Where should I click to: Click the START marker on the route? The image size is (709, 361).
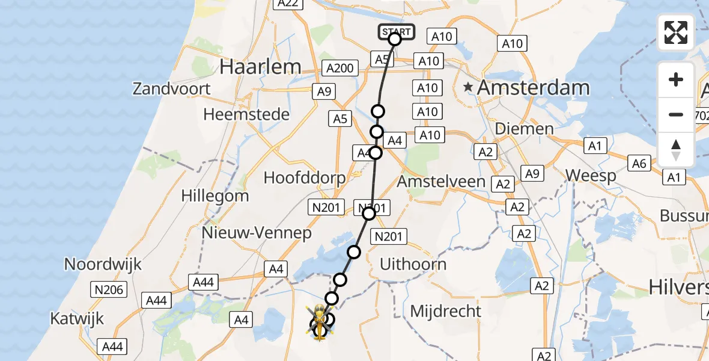click(396, 32)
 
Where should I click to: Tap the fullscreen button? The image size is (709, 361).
click(676, 32)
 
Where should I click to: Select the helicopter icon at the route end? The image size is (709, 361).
click(318, 322)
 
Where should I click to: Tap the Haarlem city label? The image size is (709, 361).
click(260, 67)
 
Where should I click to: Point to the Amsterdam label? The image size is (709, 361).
click(533, 88)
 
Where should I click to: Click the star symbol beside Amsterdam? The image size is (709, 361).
click(469, 88)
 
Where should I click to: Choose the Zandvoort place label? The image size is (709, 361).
click(172, 89)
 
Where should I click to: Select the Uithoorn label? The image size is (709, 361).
click(413, 264)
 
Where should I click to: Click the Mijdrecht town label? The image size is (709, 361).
click(445, 311)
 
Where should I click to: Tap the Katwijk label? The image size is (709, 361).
click(78, 318)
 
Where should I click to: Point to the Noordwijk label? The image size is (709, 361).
click(103, 264)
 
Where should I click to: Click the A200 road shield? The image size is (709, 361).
click(340, 68)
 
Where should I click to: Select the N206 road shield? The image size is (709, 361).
click(109, 290)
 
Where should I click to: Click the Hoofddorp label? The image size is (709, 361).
click(305, 178)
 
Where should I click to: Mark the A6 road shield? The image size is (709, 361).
click(639, 162)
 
